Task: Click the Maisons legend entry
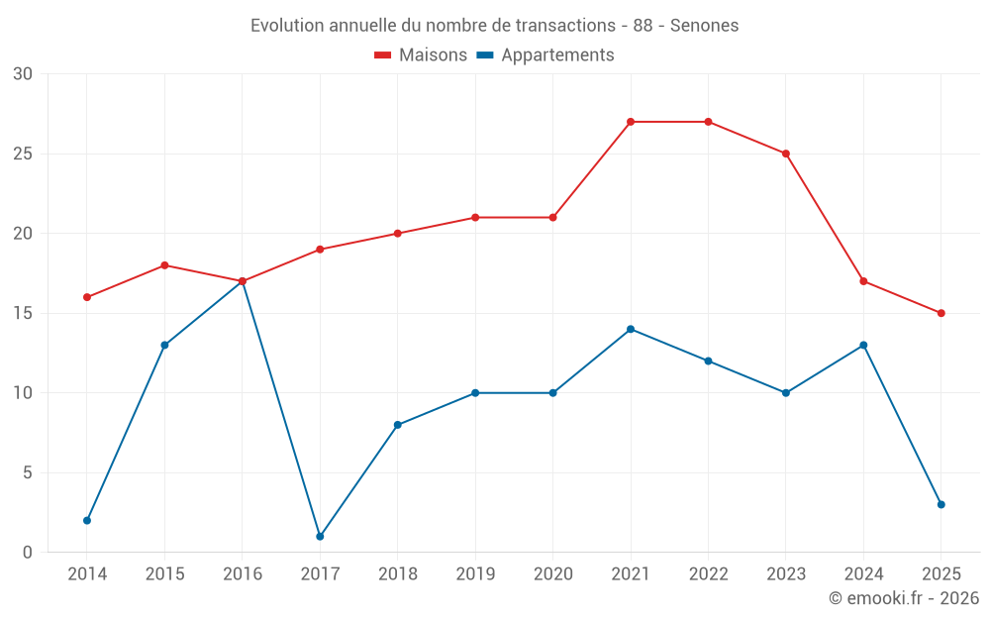(421, 55)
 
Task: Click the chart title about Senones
(494, 26)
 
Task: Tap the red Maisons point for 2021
(631, 122)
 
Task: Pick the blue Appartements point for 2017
(320, 536)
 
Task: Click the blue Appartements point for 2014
(87, 520)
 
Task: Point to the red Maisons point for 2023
(786, 154)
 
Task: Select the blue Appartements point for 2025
(941, 504)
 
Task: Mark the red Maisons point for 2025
(941, 313)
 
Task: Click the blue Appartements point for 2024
(863, 345)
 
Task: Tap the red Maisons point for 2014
(87, 297)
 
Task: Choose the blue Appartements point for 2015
(164, 345)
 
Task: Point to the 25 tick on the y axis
(22, 154)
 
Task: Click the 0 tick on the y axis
(27, 553)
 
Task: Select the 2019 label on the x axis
(475, 574)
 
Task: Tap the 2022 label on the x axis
(708, 574)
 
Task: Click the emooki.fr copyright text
(903, 598)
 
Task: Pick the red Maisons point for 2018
(397, 234)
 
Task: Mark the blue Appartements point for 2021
(631, 329)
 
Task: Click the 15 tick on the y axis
(22, 313)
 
